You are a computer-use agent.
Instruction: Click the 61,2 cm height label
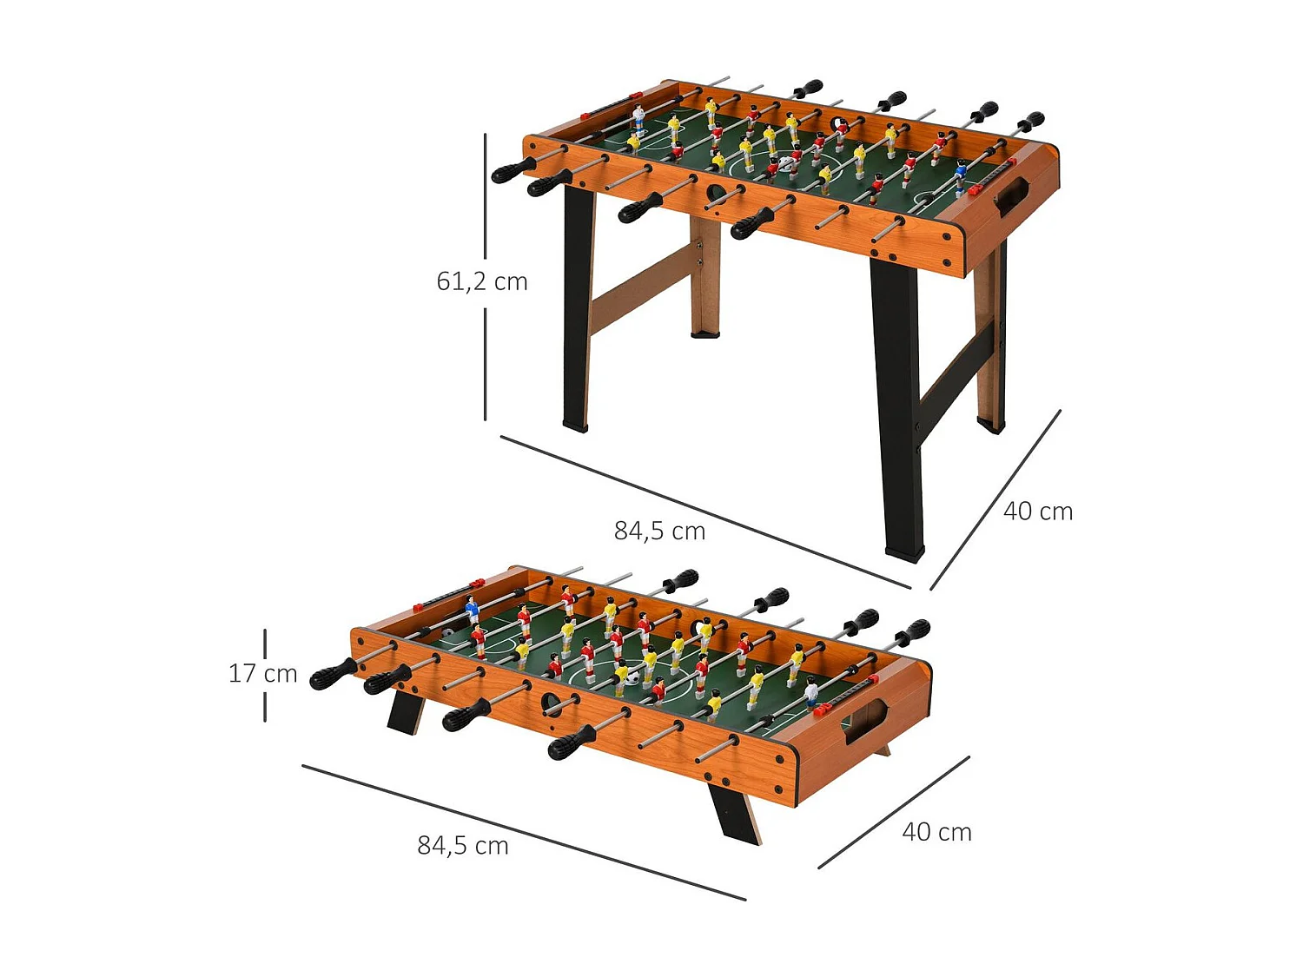pos(482,281)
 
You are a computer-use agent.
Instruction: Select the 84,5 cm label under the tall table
pos(659,531)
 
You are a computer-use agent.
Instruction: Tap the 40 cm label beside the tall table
pos(1037,512)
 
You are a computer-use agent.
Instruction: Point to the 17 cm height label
pos(262,674)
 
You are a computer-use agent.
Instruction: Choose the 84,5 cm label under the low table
pos(462,846)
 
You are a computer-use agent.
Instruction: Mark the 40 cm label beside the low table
pos(936,832)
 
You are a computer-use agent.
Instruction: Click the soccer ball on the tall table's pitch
pos(785,163)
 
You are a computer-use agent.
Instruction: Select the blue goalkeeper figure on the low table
pos(473,609)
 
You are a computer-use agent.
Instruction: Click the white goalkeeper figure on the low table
pos(811,692)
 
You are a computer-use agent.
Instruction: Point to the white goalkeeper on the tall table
pos(638,116)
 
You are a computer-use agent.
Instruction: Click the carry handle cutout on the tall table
pos(1010,196)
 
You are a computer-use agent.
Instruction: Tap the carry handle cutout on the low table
pos(865,721)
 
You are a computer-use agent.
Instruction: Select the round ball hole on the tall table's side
pos(715,192)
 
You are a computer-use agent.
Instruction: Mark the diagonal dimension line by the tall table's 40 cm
pos(995,499)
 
